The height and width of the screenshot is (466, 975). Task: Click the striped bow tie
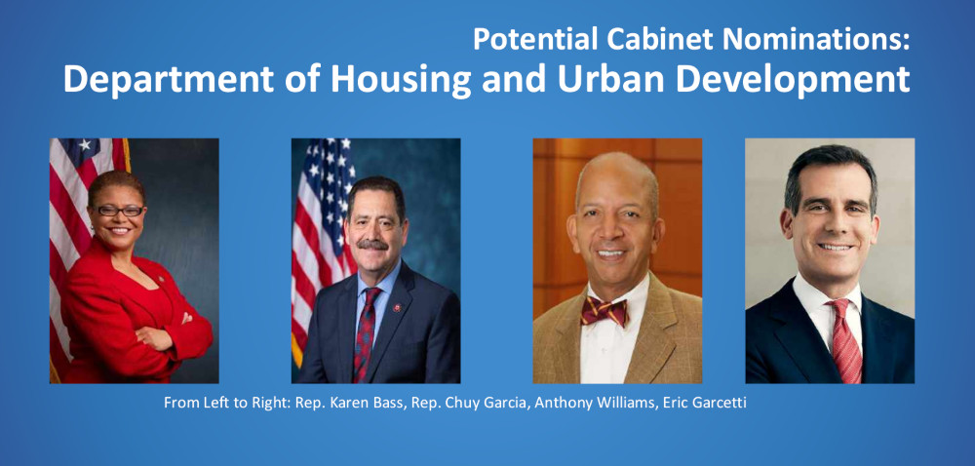pos(604,311)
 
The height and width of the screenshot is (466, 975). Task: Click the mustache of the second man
pos(373,245)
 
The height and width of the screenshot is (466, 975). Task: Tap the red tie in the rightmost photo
pos(843,340)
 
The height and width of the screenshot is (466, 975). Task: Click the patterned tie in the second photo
pos(366,334)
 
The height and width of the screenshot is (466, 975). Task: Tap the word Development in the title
pos(795,80)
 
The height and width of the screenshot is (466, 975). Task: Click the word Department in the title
pos(169,80)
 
